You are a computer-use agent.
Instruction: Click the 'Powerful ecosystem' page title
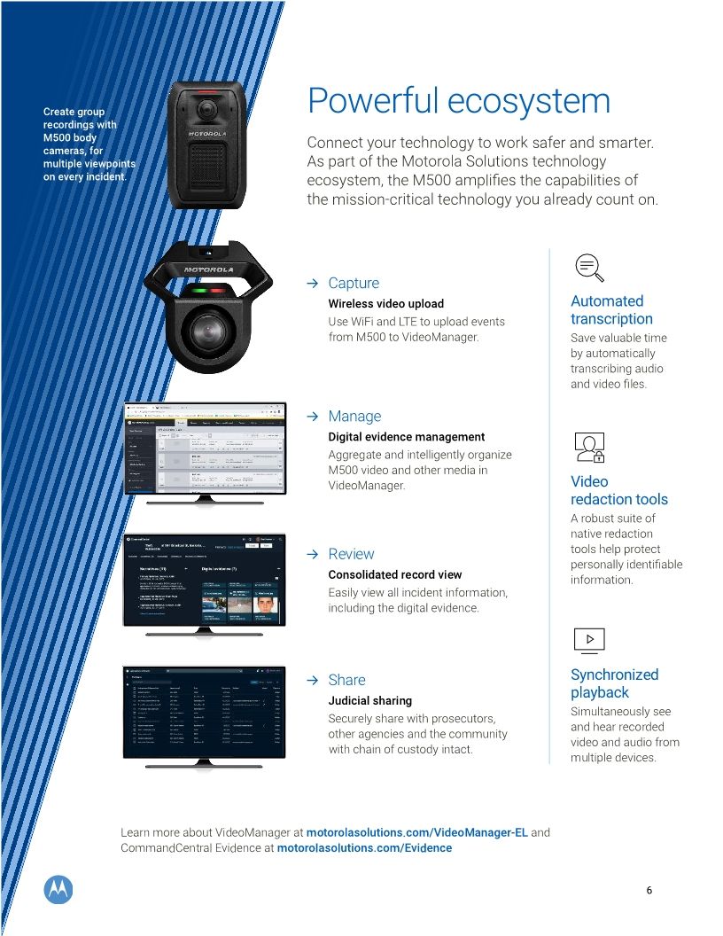click(458, 101)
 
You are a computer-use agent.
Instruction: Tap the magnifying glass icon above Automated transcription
click(588, 266)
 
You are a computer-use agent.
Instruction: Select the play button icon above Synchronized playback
click(589, 639)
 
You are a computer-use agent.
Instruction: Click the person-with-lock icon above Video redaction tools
click(589, 448)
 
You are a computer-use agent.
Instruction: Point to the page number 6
click(649, 891)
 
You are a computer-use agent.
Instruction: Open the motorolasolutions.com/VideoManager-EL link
click(416, 833)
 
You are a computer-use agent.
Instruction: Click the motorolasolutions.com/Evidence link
click(364, 848)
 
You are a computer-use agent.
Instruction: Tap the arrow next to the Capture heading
click(312, 284)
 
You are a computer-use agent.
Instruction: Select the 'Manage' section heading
click(354, 417)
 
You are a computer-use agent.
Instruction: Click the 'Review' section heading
click(351, 554)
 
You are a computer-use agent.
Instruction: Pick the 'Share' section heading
click(346, 680)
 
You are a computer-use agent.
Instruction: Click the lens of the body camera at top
click(207, 108)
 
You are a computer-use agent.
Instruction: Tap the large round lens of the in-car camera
click(209, 332)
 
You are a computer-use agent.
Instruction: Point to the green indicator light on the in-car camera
click(198, 290)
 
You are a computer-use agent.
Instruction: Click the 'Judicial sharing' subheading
click(369, 701)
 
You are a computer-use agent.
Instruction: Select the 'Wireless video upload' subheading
click(385, 304)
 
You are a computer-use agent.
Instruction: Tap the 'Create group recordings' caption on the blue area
click(85, 144)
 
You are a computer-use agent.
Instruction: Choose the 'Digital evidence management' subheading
click(406, 437)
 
